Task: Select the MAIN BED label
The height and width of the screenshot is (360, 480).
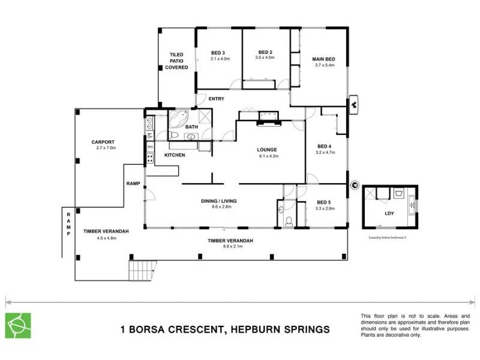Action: click(x=323, y=59)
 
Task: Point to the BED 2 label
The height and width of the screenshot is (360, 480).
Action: click(x=265, y=52)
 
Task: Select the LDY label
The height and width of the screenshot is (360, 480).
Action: click(x=389, y=213)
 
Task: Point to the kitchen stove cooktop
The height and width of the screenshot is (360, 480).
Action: click(x=149, y=158)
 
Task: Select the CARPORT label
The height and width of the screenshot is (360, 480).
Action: click(x=103, y=142)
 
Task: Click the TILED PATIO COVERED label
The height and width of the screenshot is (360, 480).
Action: click(x=176, y=61)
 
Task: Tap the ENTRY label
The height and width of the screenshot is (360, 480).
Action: click(x=216, y=99)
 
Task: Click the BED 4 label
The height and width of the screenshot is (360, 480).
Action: click(x=325, y=146)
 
